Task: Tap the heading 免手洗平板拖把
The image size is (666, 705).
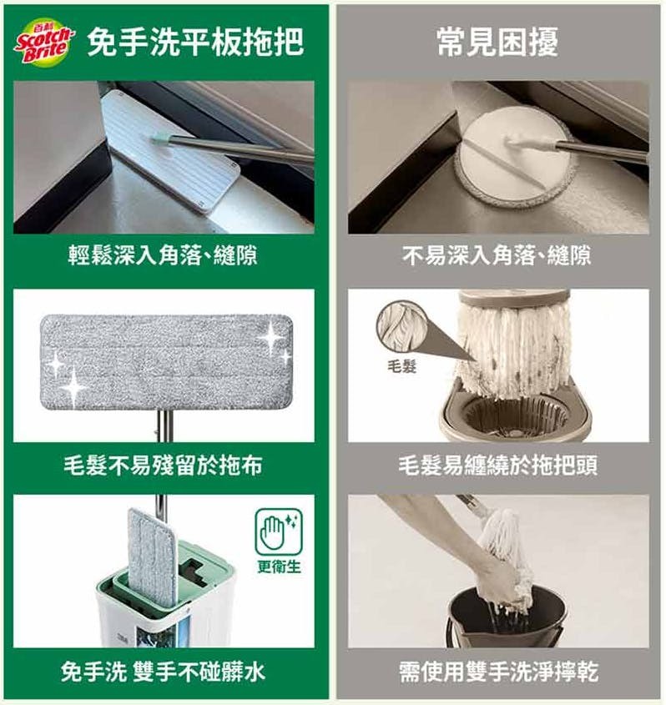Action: [x=195, y=43]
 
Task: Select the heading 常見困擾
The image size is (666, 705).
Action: [x=497, y=42]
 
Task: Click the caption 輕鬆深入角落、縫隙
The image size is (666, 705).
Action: [x=163, y=255]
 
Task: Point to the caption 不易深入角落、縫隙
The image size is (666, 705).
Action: [x=497, y=255]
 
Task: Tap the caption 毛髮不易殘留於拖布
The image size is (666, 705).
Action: [x=163, y=465]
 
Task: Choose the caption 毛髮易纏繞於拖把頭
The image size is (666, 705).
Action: [x=497, y=465]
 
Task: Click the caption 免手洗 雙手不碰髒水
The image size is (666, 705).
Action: [x=163, y=672]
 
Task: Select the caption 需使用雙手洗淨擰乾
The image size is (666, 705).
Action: [x=498, y=672]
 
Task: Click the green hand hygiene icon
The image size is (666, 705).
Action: [x=279, y=532]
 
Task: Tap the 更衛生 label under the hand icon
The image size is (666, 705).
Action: [x=279, y=567]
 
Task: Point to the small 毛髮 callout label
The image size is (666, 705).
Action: [x=401, y=366]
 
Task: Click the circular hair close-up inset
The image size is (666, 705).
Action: [x=400, y=326]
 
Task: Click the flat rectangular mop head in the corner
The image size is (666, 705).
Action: [x=169, y=152]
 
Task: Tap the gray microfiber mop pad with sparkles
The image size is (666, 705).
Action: [x=166, y=362]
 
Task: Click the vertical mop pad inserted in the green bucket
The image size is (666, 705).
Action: [x=152, y=557]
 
